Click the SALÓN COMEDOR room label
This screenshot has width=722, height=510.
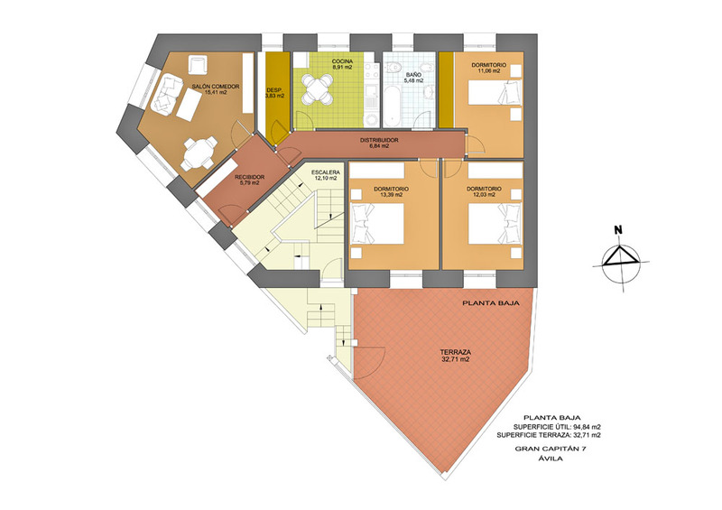216,86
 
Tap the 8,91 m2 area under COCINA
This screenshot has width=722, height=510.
342,68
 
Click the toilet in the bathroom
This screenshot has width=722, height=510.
394,68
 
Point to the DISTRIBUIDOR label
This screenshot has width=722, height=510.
379,140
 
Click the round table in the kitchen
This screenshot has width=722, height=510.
318,89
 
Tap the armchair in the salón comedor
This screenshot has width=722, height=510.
198,64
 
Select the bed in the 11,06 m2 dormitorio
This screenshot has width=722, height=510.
495,92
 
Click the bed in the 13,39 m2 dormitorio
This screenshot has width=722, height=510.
377,224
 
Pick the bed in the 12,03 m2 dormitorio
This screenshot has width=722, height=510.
495,224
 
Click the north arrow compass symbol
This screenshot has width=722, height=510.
621,263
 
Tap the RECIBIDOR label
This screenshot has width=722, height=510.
250,177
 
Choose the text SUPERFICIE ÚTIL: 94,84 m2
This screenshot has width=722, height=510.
557,427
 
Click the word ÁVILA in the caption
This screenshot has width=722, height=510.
551,459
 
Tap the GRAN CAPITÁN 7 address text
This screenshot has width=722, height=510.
551,449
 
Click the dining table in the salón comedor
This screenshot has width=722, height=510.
199,153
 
